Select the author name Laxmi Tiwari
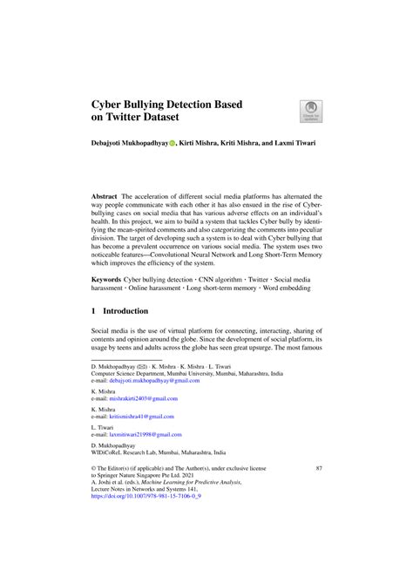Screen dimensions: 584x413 point(291,142)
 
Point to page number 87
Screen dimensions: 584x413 point(318,469)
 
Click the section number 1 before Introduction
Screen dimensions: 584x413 point(94,310)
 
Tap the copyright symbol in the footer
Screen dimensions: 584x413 point(94,469)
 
